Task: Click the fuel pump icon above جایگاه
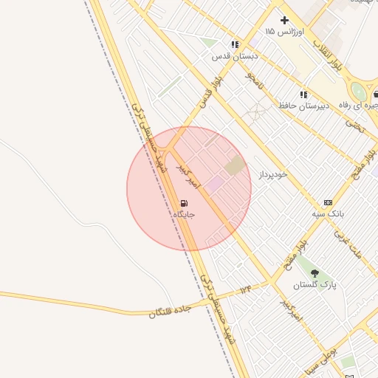(x=183, y=203)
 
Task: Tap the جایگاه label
(x=183, y=214)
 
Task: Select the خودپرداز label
(x=272, y=174)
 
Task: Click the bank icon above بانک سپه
(x=328, y=202)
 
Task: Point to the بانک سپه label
(x=328, y=213)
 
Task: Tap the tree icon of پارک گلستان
(x=315, y=273)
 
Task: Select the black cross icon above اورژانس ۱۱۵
(x=284, y=20)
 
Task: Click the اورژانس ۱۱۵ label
(x=280, y=32)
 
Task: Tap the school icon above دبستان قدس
(x=235, y=44)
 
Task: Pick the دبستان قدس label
(x=235, y=55)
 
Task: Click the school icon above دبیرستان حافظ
(x=303, y=94)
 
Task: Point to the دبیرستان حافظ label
(x=303, y=106)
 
